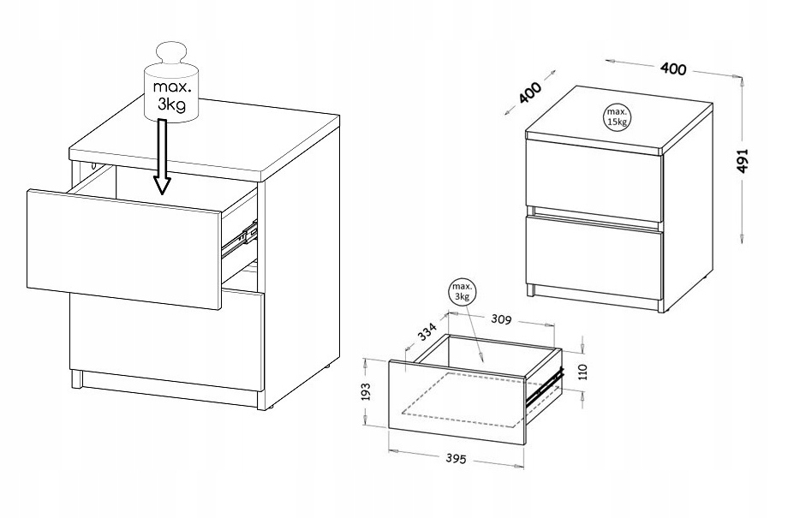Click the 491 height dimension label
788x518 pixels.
pyautogui.click(x=743, y=161)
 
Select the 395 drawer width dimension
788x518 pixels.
pyautogui.click(x=456, y=459)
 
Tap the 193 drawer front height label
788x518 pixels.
pyautogui.click(x=366, y=392)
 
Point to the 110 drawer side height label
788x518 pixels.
pyautogui.click(x=582, y=372)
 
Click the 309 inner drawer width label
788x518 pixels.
pyautogui.click(x=500, y=319)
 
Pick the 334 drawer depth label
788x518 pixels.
pyautogui.click(x=427, y=331)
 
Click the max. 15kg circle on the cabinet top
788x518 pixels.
pyautogui.click(x=617, y=116)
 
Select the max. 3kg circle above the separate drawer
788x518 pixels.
pyautogui.click(x=462, y=291)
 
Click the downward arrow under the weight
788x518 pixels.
pyautogui.click(x=161, y=157)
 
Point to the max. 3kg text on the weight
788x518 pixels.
pyautogui.click(x=172, y=95)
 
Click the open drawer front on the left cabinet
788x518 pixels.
pyautogui.click(x=124, y=249)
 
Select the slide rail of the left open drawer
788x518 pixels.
pyautogui.click(x=240, y=239)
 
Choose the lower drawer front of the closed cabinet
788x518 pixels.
pyautogui.click(x=594, y=256)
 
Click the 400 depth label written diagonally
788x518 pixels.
pyautogui.click(x=530, y=93)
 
